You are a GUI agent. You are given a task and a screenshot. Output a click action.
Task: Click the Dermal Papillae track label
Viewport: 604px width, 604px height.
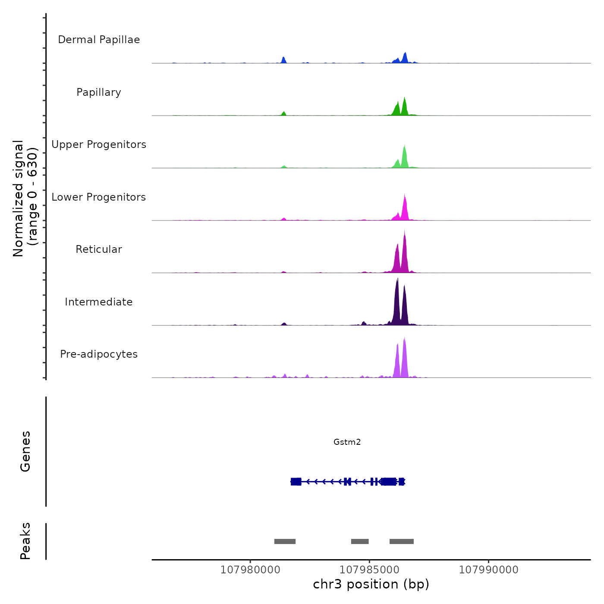pyautogui.click(x=99, y=40)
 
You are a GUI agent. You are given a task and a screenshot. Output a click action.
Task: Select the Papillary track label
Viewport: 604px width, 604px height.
pyautogui.click(x=99, y=92)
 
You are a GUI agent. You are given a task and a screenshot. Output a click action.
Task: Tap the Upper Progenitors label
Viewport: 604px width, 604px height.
pyautogui.click(x=99, y=145)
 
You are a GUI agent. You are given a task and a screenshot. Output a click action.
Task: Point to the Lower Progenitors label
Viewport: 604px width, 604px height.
pyautogui.click(x=99, y=197)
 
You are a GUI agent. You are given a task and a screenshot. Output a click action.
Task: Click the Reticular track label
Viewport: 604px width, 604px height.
pyautogui.click(x=99, y=249)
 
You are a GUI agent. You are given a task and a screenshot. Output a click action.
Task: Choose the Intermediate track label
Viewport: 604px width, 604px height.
pyautogui.click(x=99, y=302)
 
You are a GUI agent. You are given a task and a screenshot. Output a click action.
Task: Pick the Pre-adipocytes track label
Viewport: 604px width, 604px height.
pyautogui.click(x=99, y=354)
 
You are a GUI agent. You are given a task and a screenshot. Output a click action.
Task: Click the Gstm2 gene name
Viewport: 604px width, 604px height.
pyautogui.click(x=347, y=442)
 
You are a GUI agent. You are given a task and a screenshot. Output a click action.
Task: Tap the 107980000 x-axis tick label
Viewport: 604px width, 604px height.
pyautogui.click(x=250, y=570)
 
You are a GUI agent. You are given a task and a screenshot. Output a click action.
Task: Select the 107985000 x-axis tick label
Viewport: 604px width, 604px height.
pyautogui.click(x=369, y=570)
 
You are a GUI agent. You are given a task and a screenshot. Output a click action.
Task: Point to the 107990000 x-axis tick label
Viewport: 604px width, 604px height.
pyautogui.click(x=488, y=570)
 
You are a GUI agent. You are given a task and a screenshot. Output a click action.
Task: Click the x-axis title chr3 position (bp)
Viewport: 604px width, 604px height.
pyautogui.click(x=371, y=584)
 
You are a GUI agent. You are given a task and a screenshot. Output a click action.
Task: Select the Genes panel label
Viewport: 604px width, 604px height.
pyautogui.click(x=25, y=451)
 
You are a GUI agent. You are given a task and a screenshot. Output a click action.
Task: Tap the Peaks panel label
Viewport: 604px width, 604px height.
pyautogui.click(x=25, y=541)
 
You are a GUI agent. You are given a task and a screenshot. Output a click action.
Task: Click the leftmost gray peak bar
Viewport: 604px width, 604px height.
pyautogui.click(x=285, y=541)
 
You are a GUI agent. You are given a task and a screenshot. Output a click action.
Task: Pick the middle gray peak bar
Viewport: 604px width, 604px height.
pyautogui.click(x=360, y=541)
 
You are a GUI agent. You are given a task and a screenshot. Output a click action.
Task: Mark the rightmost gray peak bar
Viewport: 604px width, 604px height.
pyautogui.click(x=402, y=541)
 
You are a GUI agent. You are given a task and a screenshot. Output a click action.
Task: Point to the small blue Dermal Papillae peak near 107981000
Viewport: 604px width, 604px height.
pyautogui.click(x=283, y=60)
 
